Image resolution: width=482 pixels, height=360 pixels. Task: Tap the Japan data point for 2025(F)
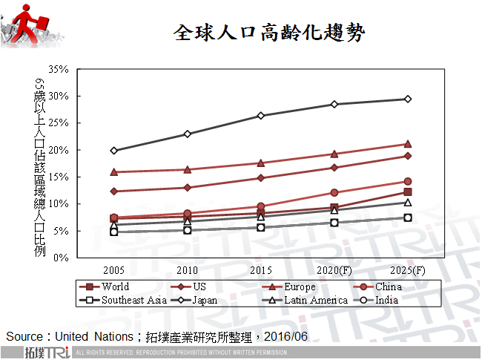pyautogui.click(x=407, y=99)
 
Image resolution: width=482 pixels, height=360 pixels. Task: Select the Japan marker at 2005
pyautogui.click(x=113, y=151)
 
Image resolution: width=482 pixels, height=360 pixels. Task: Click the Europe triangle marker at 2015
pyautogui.click(x=260, y=163)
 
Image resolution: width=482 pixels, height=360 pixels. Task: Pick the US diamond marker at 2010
pyautogui.click(x=187, y=188)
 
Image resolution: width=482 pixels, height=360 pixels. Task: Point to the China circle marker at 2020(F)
pyautogui.click(x=334, y=193)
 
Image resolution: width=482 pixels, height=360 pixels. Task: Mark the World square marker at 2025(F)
pyautogui.click(x=407, y=192)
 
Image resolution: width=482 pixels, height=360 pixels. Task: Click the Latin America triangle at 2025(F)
pyautogui.click(x=407, y=202)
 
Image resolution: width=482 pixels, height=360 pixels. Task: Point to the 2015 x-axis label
pyautogui.click(x=260, y=270)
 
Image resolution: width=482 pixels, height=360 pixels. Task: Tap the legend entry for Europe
pyautogui.click(x=300, y=287)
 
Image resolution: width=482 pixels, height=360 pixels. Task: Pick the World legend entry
pyautogui.click(x=116, y=287)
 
